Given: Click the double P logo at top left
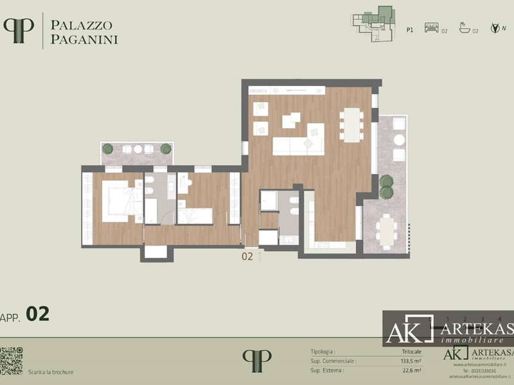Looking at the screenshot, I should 19,30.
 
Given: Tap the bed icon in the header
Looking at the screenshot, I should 431,29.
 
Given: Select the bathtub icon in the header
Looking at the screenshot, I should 464,29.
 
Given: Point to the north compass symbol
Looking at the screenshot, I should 495,28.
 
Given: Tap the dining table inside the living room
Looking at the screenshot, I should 351,124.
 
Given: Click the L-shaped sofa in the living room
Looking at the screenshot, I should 298,144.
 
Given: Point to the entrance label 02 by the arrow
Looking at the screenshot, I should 247,257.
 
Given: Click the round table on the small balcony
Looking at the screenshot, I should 137,149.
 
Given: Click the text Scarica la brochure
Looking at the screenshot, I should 51,372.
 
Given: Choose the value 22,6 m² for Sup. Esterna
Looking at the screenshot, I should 411,370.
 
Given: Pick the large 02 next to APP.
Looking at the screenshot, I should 37,314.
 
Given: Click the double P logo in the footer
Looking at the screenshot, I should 257,360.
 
